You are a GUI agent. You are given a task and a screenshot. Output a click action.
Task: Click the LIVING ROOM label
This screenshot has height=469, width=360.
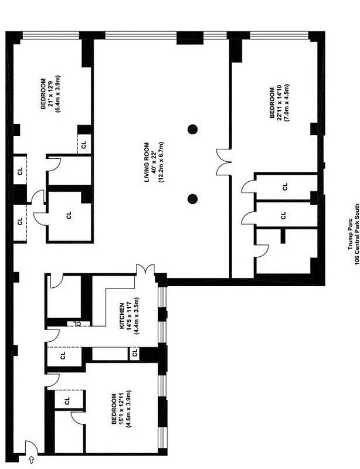tap(147, 162)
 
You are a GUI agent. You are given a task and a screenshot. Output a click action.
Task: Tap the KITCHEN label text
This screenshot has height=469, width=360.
tap(122, 317)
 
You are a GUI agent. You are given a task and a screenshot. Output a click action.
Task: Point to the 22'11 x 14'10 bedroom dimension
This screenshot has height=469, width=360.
tap(279, 104)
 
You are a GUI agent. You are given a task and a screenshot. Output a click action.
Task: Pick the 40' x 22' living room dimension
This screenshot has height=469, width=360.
tap(154, 162)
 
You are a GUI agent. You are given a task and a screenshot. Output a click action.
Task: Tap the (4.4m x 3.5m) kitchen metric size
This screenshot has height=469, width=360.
tap(137, 317)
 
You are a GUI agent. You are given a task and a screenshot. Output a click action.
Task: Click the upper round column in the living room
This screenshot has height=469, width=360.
tap(192, 129)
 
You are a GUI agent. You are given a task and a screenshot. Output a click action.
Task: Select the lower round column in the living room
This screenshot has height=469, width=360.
tap(192, 199)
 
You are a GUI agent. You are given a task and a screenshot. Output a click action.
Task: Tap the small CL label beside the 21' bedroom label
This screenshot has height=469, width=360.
tap(84, 144)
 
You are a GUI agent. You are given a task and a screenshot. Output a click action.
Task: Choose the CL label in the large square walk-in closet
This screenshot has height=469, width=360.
tap(69, 216)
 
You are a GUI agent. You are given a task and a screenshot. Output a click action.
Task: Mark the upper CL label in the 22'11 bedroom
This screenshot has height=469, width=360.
tap(284, 187)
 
